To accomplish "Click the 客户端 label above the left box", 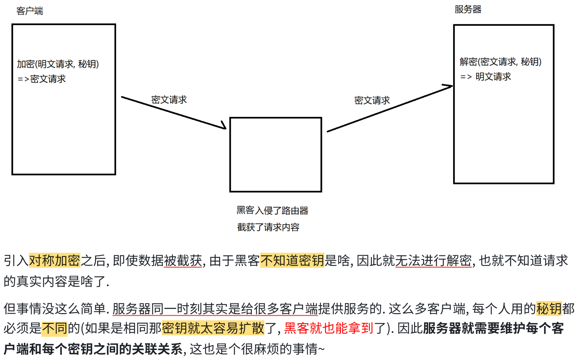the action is tap(30, 11).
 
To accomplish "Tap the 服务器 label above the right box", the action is tap(468, 10).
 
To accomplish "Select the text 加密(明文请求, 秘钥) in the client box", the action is tap(58, 64).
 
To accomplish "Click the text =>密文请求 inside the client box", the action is tap(42, 79).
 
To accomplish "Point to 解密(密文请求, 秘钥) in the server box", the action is tap(500, 62).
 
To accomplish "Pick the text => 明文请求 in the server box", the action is tap(486, 77).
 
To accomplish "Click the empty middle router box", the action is tap(275, 154).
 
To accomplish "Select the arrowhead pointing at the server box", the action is tap(448, 86).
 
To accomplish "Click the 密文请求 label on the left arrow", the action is tap(169, 100).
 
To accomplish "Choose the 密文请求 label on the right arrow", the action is tap(372, 100).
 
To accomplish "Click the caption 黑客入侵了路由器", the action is tap(272, 211).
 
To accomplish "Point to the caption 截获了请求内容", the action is tap(268, 227).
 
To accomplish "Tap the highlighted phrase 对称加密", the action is tap(54, 260).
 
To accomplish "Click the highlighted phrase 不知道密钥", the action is tap(292, 260).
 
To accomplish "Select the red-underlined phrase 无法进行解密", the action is tap(433, 260).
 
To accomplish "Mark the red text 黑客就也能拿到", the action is tap(329, 328).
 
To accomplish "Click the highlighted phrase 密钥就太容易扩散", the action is tap(213, 328).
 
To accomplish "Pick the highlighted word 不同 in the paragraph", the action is tap(54, 328).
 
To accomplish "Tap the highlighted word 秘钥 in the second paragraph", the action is tap(549, 309).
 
